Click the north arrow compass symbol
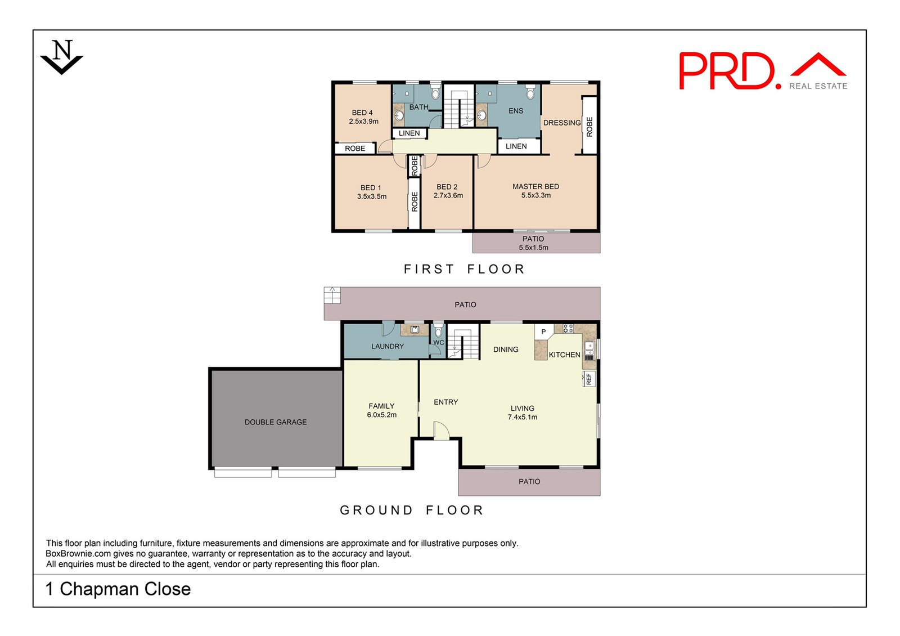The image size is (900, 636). click(62, 57)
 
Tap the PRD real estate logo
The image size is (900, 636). click(762, 71)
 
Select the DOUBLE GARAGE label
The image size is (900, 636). click(276, 422)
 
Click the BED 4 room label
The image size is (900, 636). click(362, 113)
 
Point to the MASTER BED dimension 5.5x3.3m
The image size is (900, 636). click(536, 196)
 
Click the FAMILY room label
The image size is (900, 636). click(381, 406)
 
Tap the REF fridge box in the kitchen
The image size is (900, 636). click(589, 379)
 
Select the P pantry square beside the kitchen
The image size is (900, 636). click(543, 332)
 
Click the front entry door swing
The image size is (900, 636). click(442, 431)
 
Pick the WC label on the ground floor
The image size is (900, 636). click(439, 342)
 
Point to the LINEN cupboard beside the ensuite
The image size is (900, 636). click(516, 146)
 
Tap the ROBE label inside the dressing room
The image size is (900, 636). click(589, 127)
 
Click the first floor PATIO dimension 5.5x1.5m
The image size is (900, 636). click(533, 248)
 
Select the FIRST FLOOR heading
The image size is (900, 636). click(464, 269)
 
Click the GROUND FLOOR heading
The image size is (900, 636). click(412, 510)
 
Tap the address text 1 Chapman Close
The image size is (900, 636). click(118, 589)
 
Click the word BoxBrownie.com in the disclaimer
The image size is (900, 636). click(78, 554)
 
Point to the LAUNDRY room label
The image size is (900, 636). click(388, 347)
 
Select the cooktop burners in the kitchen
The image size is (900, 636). click(568, 329)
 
